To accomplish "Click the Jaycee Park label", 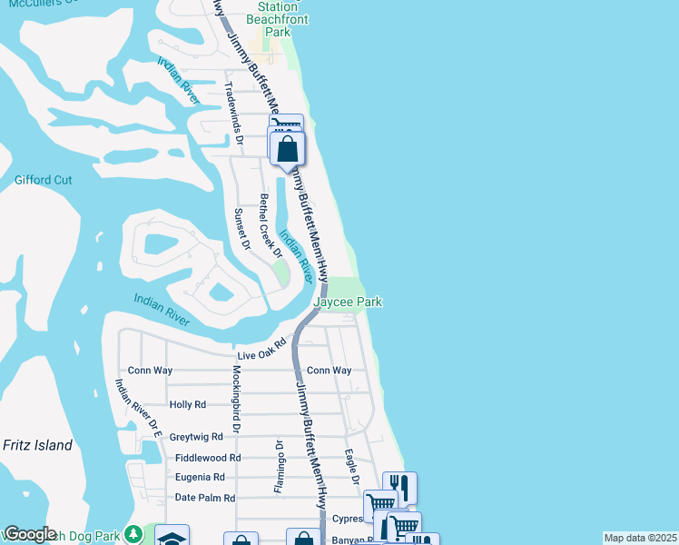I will (348, 302).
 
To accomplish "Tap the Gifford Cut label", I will (43, 180).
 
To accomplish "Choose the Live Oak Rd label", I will (261, 350).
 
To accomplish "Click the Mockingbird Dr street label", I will (235, 398).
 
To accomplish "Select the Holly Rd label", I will (188, 404).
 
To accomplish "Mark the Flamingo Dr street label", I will (279, 468).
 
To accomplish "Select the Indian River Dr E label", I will (138, 409).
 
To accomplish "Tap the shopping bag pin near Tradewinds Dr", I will (287, 150).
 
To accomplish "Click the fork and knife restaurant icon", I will (399, 488).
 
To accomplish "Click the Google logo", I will (30, 534).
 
